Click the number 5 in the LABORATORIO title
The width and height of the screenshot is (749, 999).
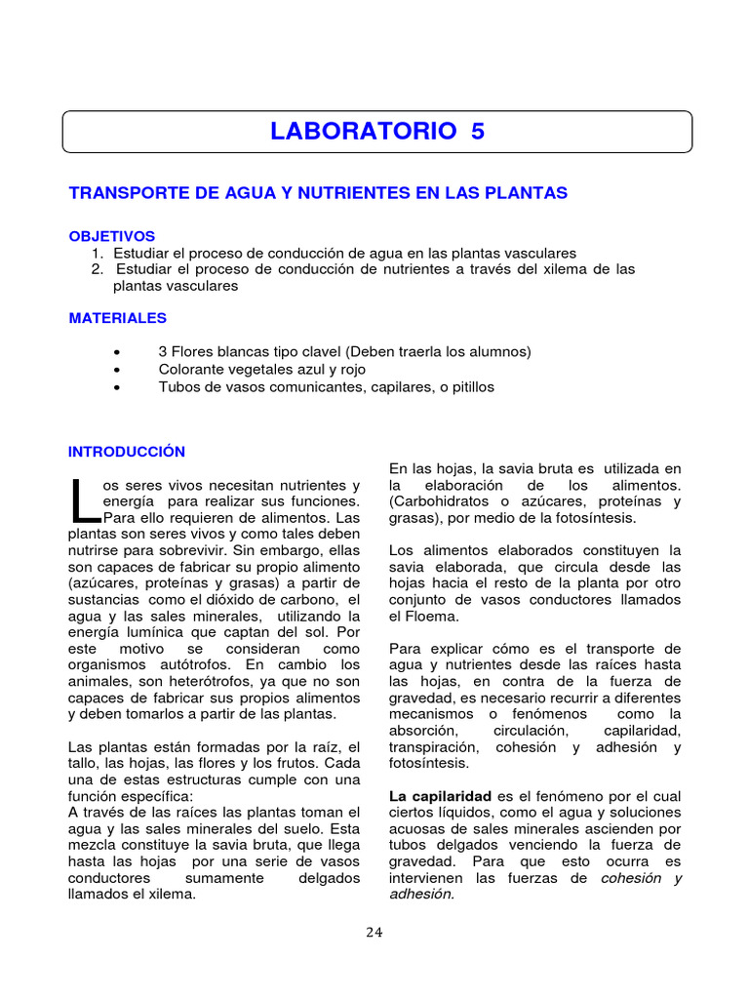pos(476,132)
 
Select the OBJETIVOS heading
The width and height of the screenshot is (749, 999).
pos(112,236)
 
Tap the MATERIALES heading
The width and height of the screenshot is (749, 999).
pos(117,318)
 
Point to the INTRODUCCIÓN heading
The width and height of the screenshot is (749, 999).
pos(126,452)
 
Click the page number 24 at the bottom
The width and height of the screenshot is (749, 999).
pos(374,932)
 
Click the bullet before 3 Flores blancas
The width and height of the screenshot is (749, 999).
pos(117,352)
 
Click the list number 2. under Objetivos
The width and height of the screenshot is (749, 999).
pos(98,269)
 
